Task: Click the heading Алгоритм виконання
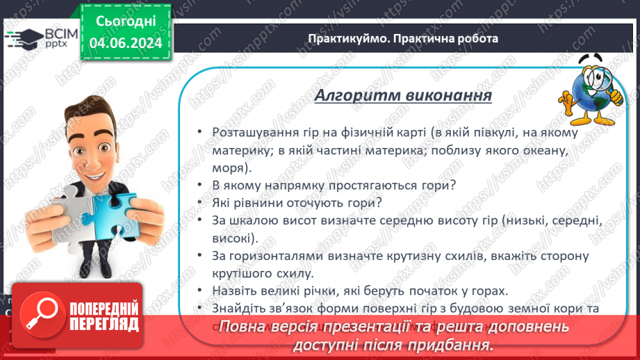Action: pyautogui.click(x=403, y=95)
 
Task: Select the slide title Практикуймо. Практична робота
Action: pyautogui.click(x=403, y=39)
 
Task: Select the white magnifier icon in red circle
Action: pyautogui.click(x=40, y=316)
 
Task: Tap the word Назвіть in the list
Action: pyautogui.click(x=234, y=291)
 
